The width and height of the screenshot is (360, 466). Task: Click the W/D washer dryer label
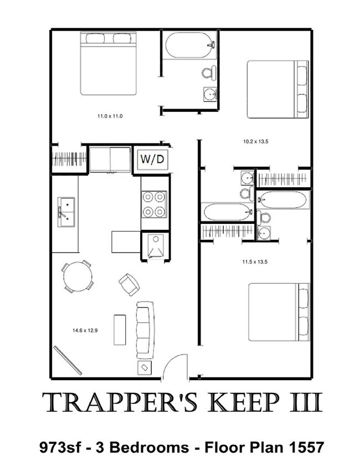[152, 159]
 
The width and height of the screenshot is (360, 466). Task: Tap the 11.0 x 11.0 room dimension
[110, 116]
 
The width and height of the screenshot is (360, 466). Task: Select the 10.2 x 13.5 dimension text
[256, 142]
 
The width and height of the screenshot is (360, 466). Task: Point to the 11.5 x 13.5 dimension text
[255, 262]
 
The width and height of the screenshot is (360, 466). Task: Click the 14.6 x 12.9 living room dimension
[85, 330]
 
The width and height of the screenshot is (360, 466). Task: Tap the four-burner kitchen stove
[154, 204]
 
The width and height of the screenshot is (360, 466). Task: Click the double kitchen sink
[66, 212]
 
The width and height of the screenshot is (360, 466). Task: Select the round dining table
[78, 276]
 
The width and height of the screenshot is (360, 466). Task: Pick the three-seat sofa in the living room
[145, 330]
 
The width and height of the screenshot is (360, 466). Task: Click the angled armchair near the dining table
[129, 285]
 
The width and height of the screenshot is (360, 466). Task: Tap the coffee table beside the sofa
[120, 330]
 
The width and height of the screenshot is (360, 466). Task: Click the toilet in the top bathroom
[209, 73]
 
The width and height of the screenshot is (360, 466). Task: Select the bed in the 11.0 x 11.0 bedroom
[109, 64]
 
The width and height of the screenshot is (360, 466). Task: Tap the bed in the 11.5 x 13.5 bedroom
[279, 312]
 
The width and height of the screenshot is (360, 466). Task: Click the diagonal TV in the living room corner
[68, 360]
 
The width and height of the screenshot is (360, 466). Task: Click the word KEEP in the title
[244, 402]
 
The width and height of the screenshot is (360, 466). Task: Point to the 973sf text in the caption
[60, 447]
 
